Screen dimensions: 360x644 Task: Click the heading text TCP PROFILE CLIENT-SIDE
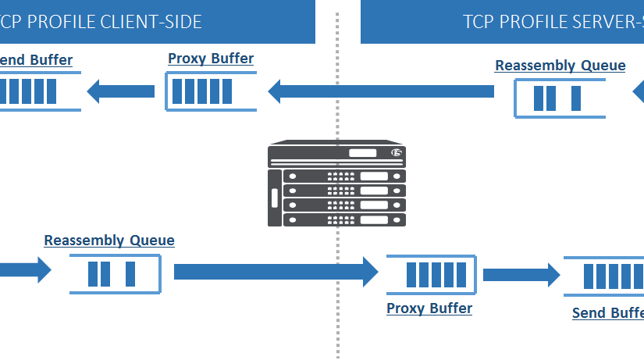[x=101, y=22]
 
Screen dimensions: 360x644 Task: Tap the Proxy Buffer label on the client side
[x=211, y=59]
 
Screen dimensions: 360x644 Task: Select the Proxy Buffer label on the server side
[x=429, y=308]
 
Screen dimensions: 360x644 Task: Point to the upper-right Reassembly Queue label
[x=560, y=66]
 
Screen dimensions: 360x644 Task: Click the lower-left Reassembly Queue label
[x=109, y=241]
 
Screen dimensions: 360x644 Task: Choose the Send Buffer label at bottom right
[x=607, y=313]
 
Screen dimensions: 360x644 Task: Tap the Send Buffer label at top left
[x=36, y=60]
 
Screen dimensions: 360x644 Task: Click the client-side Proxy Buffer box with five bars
[x=210, y=91]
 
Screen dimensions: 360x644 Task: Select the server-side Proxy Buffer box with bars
[x=430, y=275]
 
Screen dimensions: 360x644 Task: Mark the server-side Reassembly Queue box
[x=559, y=98]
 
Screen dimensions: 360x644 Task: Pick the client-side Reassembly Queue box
[x=114, y=274]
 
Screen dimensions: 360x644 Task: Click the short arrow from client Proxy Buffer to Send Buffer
[x=121, y=91]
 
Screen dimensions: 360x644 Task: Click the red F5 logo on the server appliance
[x=397, y=153]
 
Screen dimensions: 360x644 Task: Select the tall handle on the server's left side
[x=274, y=198]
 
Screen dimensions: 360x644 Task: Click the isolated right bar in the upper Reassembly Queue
[x=576, y=98]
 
